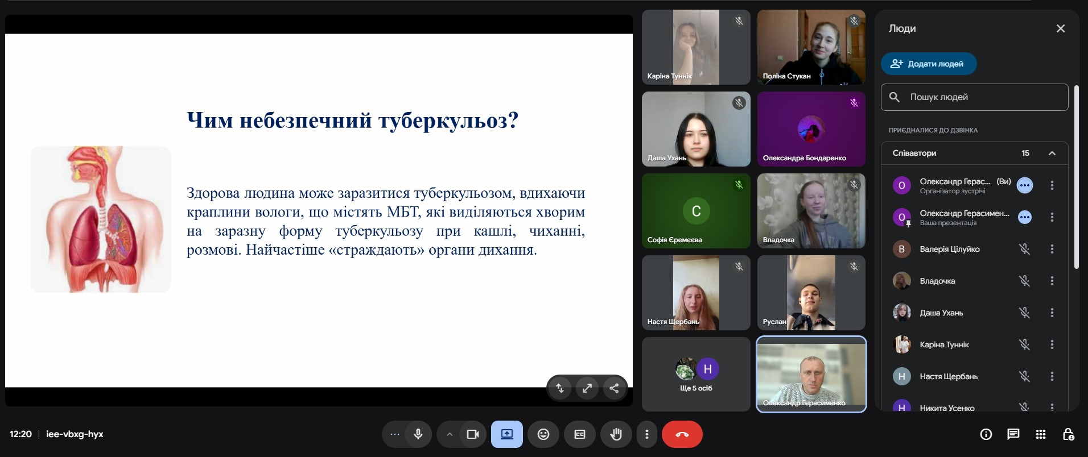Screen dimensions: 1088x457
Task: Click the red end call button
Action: [x=682, y=434]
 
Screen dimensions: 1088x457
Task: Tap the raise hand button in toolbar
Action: [x=616, y=434]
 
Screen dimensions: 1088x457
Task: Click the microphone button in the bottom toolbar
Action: [x=418, y=434]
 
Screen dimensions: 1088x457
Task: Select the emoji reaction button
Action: [x=543, y=434]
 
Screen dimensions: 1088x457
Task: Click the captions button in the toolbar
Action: [x=580, y=434]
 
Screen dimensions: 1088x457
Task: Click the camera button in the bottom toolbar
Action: [x=472, y=434]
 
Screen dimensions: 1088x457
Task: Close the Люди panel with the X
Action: [x=1060, y=28]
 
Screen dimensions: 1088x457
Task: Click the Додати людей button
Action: [x=929, y=64]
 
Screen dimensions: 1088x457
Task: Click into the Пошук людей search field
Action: [x=974, y=97]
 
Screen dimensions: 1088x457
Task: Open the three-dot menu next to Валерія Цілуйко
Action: [x=1052, y=249]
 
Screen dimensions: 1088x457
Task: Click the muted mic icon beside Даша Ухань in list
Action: [x=1024, y=313]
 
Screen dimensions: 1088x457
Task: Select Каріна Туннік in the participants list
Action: [x=944, y=344]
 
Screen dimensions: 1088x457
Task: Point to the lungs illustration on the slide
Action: [x=101, y=219]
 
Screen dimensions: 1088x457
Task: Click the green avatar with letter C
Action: [x=696, y=211]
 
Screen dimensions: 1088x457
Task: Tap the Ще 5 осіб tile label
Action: [x=696, y=388]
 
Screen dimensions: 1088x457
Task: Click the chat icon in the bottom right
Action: [x=1013, y=434]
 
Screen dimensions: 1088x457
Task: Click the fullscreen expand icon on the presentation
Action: [x=587, y=388]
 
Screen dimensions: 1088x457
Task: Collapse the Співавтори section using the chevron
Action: [x=1052, y=153]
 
